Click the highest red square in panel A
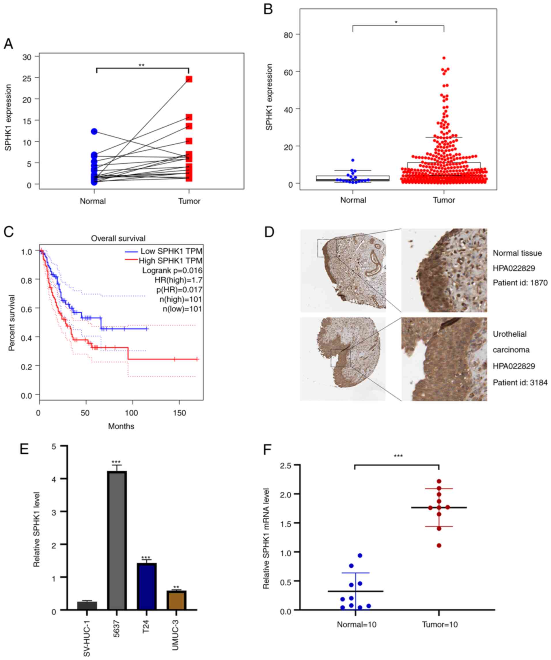click(189, 79)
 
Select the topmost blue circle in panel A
click(94, 131)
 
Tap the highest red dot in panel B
click(444, 58)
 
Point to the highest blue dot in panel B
click(353, 160)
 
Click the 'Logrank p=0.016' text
click(172, 271)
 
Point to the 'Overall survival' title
click(118, 239)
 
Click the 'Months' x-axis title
click(121, 426)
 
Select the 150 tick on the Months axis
click(179, 413)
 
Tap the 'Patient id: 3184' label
click(520, 382)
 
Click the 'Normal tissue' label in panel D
click(517, 253)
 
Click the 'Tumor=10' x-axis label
click(440, 624)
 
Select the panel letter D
click(270, 232)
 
